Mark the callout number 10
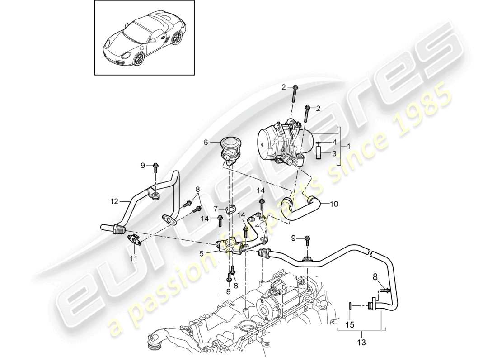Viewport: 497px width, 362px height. (x=333, y=204)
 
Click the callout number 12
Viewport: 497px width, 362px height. (x=114, y=200)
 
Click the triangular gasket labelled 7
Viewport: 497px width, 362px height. (x=232, y=209)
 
